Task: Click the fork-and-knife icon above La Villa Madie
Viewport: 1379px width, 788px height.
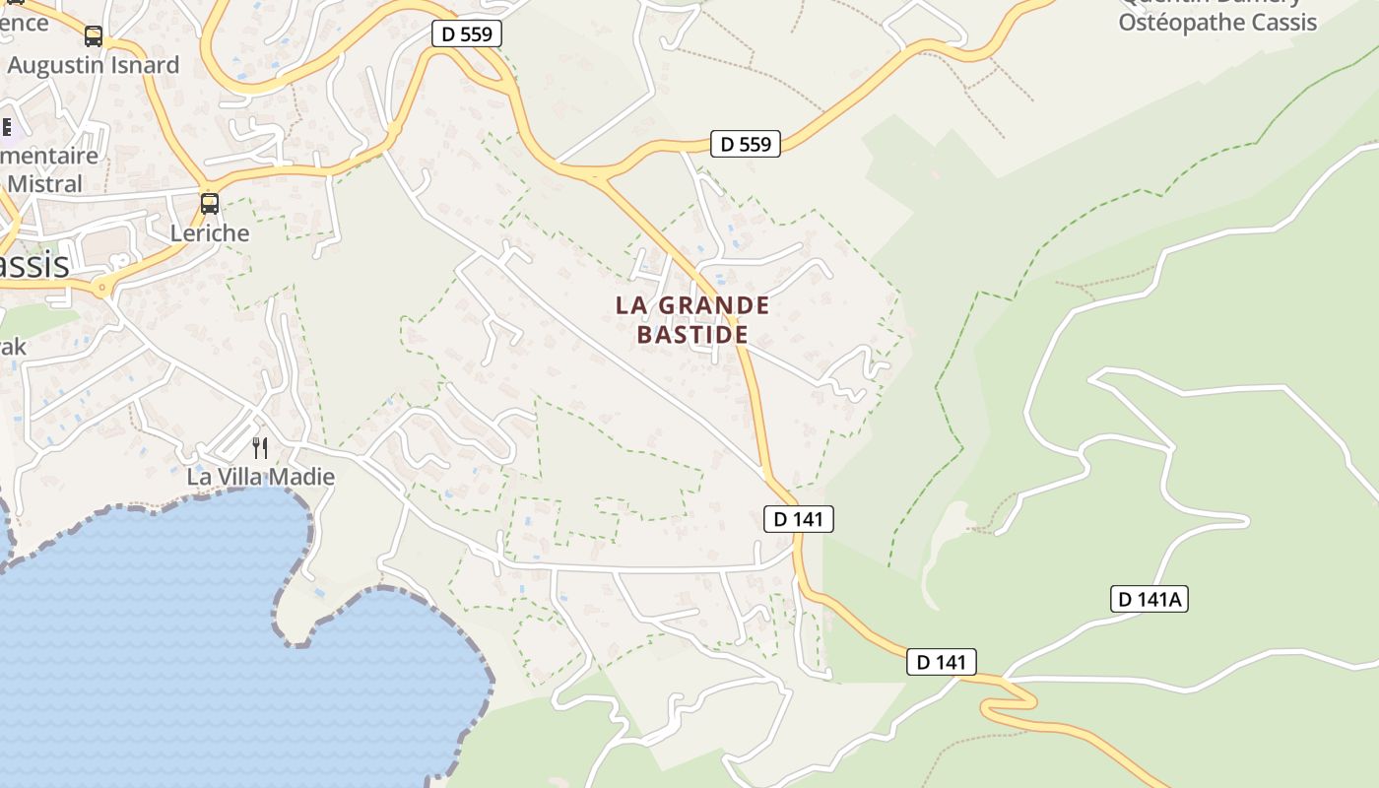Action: tap(260, 448)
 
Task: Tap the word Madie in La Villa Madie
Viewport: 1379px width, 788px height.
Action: tap(303, 477)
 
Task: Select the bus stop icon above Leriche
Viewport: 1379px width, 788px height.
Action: tap(210, 204)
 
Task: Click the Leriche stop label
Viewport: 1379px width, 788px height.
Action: tap(210, 233)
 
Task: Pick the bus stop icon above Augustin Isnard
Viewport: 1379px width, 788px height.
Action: tap(94, 36)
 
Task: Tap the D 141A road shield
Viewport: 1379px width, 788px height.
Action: tap(1149, 598)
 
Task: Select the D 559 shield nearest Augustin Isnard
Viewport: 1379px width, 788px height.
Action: tap(467, 33)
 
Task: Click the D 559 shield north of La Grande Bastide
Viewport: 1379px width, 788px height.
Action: tap(746, 144)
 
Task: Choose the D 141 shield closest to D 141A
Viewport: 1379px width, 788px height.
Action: tap(942, 662)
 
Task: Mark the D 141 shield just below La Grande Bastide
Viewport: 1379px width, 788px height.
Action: tap(799, 518)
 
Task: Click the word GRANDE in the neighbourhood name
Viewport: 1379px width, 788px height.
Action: tap(714, 305)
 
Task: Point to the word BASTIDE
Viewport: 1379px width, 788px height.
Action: tap(692, 334)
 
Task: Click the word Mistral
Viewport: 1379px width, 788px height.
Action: tap(45, 183)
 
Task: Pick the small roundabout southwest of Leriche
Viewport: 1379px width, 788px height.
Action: tap(101, 288)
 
